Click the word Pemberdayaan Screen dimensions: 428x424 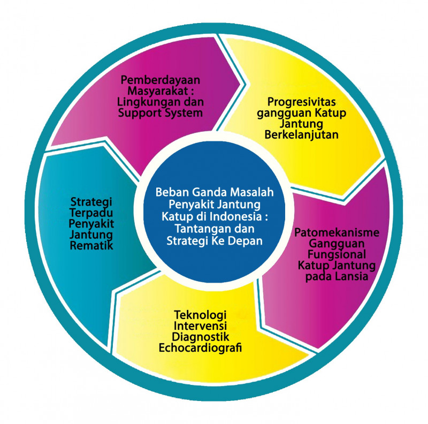coord(160,80)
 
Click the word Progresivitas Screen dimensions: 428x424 coord(301,102)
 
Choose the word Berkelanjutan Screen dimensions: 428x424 coord(301,135)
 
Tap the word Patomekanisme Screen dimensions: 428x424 coord(337,233)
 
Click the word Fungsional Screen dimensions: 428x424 coord(337,255)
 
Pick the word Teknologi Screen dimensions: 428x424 coord(200,315)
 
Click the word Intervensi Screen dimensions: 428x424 coord(200,326)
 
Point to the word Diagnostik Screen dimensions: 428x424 coord(200,337)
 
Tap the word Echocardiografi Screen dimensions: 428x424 coord(200,348)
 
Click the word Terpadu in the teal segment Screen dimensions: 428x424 coord(91,213)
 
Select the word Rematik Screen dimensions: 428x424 coord(91,246)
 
